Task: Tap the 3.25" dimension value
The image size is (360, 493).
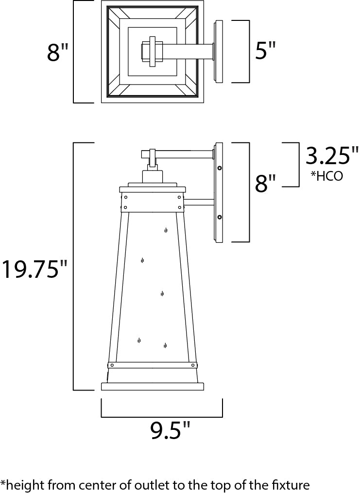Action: pos(332,155)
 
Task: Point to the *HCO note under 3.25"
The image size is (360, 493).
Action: pos(326,176)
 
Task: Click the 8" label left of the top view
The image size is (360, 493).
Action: pos(57,51)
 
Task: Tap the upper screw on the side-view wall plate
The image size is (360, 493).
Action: pos(220,168)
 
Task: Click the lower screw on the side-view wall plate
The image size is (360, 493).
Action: pos(220,217)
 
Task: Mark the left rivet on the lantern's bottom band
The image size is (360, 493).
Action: pos(112,365)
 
